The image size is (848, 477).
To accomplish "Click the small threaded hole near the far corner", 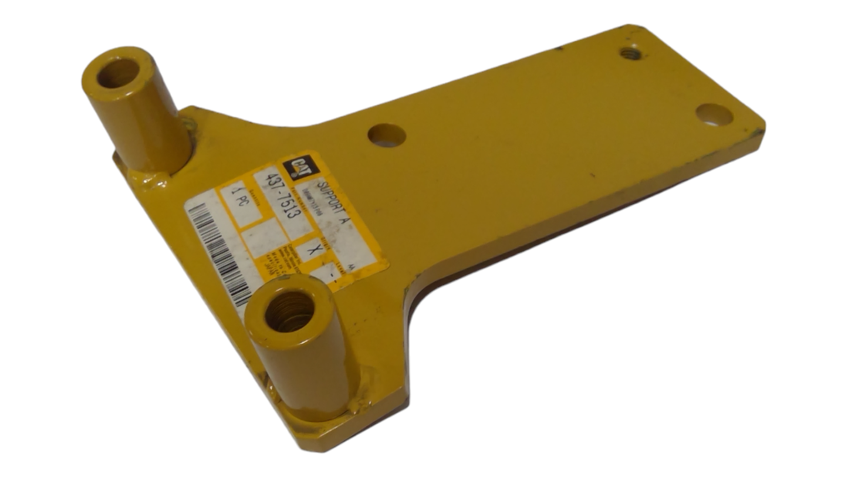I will tap(630, 54).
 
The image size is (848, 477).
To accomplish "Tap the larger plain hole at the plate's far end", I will tap(714, 115).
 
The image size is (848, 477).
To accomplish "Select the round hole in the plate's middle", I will tap(387, 136).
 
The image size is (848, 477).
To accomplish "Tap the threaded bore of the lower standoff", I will tap(289, 311).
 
